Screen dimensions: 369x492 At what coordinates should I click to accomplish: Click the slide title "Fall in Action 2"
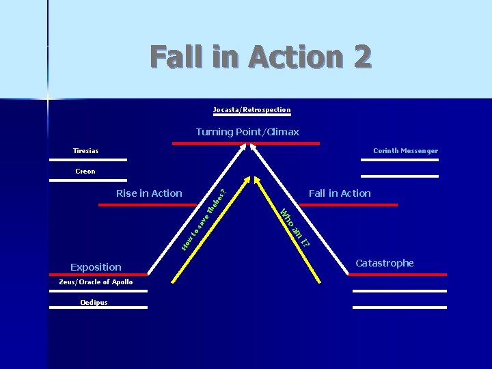260,57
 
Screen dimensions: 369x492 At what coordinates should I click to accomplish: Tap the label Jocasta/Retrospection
251,109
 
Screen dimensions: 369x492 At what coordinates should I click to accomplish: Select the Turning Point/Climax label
247,132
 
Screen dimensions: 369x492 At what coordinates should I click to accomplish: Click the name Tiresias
86,150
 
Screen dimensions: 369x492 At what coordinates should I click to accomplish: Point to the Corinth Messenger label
405,150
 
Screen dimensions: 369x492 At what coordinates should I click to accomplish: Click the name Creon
85,171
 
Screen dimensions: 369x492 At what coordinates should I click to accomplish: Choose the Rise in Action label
149,193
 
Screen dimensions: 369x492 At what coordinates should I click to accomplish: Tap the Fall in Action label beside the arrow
340,193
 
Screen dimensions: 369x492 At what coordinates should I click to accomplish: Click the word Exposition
96,267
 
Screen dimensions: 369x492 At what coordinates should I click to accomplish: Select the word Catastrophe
384,263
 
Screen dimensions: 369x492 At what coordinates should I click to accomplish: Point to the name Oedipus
94,302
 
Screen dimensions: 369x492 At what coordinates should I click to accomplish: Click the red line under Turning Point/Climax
246,143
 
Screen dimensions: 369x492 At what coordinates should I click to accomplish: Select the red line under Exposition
98,274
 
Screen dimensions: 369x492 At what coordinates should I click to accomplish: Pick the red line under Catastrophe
397,274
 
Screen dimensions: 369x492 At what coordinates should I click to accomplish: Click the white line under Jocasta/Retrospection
251,115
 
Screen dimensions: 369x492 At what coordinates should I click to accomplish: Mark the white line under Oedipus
98,307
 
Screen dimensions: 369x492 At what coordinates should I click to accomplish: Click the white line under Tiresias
88,160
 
